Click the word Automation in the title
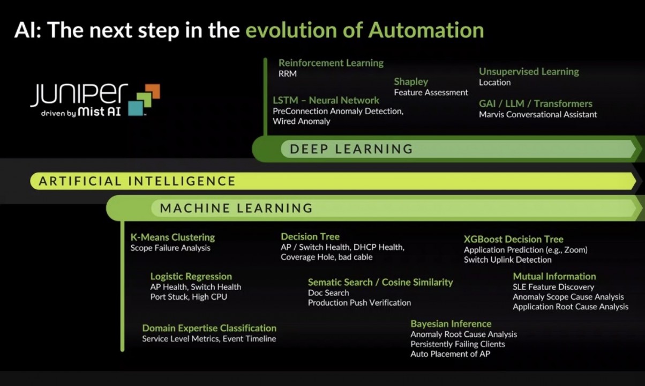pos(426,30)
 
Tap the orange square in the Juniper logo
pos(153,91)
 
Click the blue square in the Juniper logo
pos(136,108)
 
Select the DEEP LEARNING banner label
pos(351,149)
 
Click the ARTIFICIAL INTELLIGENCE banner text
pos(137,181)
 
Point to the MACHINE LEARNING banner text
pos(236,208)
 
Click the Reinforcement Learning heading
pos(331,63)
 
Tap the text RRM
pos(287,74)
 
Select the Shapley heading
pos(411,82)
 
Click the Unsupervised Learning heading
pos(529,71)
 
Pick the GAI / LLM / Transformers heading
pos(536,103)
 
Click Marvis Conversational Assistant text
pos(538,115)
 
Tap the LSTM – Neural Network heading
pos(326,100)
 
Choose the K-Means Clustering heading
pos(172,237)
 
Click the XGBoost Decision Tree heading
pos(514,239)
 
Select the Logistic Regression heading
pos(191,277)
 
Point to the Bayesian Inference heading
pos(451,324)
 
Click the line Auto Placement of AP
pos(451,354)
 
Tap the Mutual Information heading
pos(554,277)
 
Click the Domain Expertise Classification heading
pos(209,328)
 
